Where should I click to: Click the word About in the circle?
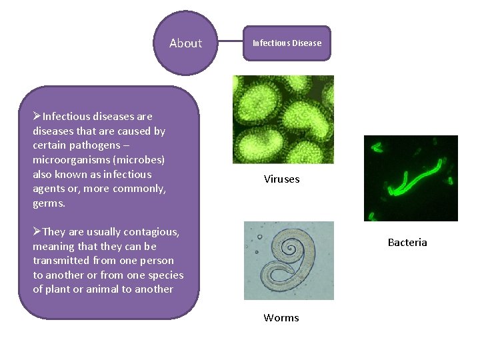[185, 43]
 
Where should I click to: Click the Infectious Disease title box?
[287, 43]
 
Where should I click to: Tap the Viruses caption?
[281, 179]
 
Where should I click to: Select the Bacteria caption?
[407, 242]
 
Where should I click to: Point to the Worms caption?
[281, 317]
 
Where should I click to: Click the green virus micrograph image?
[283, 119]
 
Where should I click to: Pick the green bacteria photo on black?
[411, 178]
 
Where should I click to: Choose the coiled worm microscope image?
[288, 260]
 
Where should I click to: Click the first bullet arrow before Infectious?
[37, 117]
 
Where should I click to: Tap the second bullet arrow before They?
[37, 232]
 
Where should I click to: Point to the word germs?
[49, 203]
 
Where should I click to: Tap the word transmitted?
[61, 261]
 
